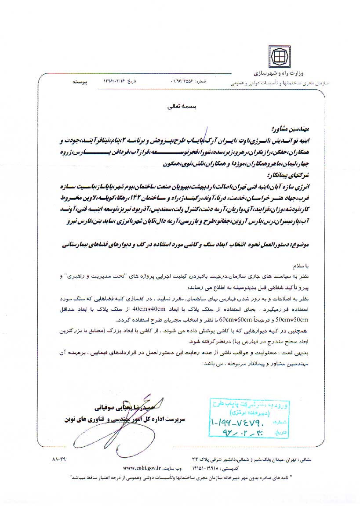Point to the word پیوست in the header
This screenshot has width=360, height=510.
click(x=80, y=82)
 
